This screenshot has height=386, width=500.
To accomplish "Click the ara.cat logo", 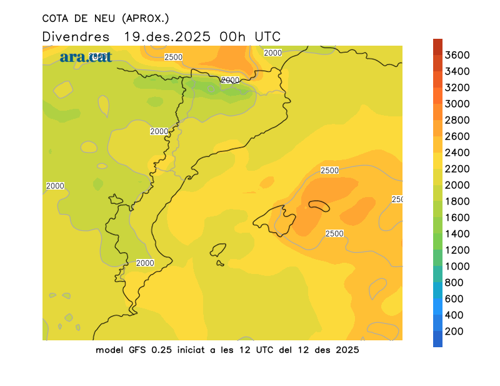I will pyautogui.click(x=86, y=57).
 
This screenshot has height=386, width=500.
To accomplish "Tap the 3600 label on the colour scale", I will pyautogui.click(x=457, y=55).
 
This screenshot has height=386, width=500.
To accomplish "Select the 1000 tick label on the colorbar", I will pyautogui.click(x=457, y=266).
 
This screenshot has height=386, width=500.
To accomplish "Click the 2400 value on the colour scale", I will pyautogui.click(x=457, y=153).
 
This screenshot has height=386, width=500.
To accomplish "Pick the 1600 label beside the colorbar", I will pyautogui.click(x=457, y=218).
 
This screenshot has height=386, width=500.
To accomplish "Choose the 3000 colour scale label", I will pyautogui.click(x=457, y=104).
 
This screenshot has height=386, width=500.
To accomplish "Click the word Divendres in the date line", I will pyautogui.click(x=76, y=36).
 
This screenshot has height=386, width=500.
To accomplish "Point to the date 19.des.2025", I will pyautogui.click(x=167, y=36).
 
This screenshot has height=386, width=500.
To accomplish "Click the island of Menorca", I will pyautogui.click(x=319, y=205).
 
